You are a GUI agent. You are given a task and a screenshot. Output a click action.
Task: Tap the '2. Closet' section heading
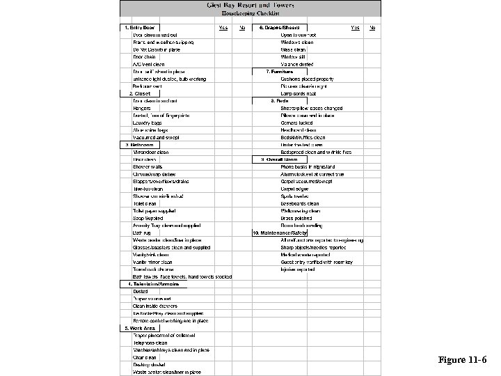point(139,93)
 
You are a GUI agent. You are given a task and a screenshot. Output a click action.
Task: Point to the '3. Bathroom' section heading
point(138,144)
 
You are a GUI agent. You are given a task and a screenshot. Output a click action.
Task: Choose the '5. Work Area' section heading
point(139,327)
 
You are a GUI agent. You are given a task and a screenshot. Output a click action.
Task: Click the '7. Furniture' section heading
point(278,71)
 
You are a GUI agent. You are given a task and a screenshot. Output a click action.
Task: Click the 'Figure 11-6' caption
point(462,360)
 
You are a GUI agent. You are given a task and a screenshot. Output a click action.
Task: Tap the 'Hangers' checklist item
point(141,108)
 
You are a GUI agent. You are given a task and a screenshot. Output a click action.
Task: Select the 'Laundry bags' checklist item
point(147,123)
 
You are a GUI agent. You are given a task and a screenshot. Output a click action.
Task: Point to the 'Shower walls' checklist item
point(147,166)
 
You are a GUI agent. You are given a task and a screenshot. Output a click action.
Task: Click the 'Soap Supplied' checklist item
point(148,217)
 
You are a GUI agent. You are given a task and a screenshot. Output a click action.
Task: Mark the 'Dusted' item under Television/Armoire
point(140,291)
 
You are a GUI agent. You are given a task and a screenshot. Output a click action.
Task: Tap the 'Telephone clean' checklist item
point(150,343)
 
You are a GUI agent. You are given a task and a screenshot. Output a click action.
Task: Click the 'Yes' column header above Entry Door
point(223,28)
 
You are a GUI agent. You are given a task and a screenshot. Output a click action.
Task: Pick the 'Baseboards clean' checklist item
point(299,203)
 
